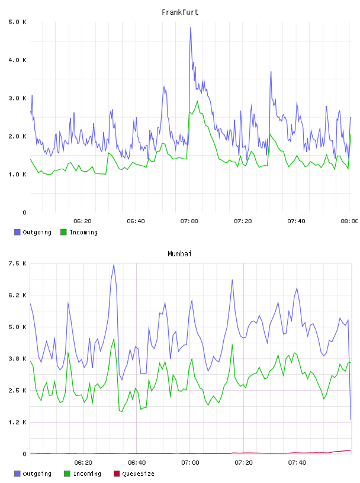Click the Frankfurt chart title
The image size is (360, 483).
point(180,12)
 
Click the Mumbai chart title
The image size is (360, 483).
point(179,254)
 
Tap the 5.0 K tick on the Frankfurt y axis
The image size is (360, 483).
point(17,22)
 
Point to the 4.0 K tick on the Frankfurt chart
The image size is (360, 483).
point(17,60)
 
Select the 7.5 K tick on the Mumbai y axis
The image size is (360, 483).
point(17,263)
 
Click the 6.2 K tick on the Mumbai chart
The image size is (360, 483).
point(17,295)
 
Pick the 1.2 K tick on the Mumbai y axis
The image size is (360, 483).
point(17,422)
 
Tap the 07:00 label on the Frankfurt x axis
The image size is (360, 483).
point(189,221)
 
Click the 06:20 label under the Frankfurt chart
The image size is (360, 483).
point(82,221)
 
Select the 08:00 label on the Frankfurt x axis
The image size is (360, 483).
point(349,221)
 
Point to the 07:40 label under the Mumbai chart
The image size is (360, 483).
point(297,463)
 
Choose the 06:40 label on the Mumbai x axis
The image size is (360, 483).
point(137,463)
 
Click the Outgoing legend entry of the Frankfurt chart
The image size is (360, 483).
point(33,232)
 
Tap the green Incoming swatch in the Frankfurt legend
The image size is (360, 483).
point(63,232)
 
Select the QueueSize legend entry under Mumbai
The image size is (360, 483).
point(134,474)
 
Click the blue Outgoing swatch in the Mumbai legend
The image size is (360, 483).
point(17,474)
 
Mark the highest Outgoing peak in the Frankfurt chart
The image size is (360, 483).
point(191,28)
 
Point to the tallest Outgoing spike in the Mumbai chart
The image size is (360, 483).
point(114,264)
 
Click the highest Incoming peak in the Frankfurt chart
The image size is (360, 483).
point(197,101)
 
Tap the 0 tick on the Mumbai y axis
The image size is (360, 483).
point(24,454)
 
